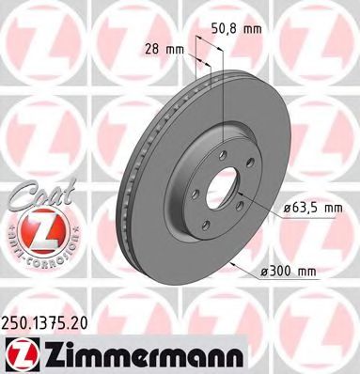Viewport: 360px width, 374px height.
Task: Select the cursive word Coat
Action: pyautogui.click(x=33, y=194)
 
